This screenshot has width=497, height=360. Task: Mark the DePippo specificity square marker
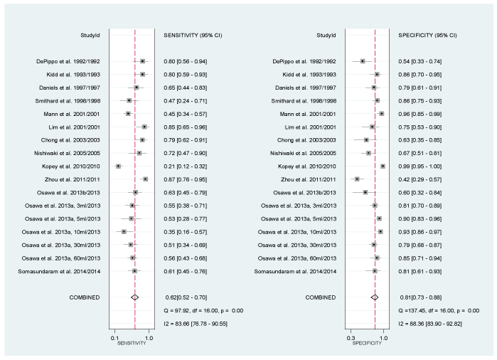363,61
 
